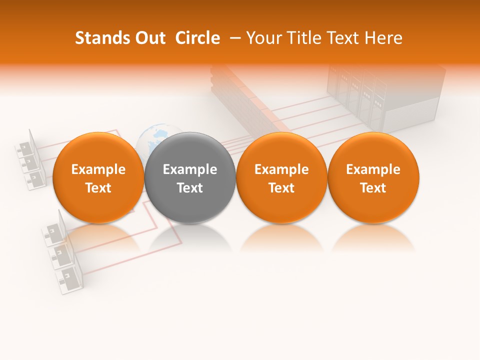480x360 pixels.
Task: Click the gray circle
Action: (190, 177)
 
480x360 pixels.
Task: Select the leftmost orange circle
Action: (98, 177)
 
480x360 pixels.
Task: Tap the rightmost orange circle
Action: (373, 177)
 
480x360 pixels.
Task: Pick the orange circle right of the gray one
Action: (281, 177)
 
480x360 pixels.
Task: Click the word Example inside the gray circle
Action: (190, 169)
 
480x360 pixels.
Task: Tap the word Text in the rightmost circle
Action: (373, 188)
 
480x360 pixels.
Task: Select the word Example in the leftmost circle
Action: (98, 169)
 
